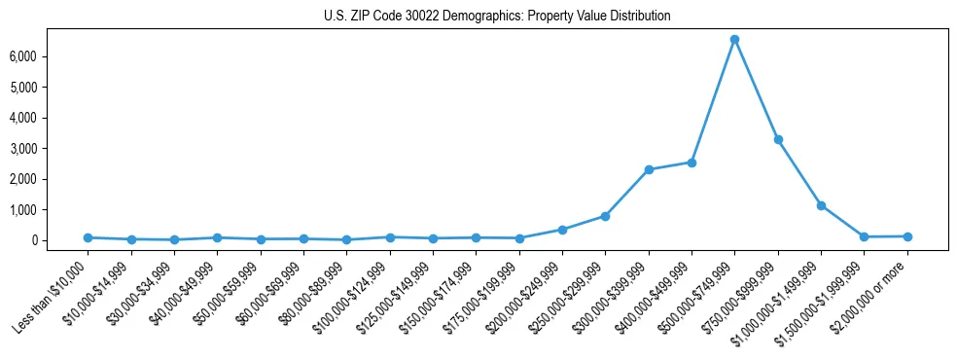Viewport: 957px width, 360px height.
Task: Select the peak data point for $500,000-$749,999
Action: [734, 39]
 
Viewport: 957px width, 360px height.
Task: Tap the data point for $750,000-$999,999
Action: [778, 139]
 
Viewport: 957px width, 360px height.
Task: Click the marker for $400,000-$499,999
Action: [691, 162]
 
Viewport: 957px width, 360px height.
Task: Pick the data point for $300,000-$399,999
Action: [649, 169]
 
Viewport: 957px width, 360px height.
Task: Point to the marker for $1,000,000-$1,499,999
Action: [821, 205]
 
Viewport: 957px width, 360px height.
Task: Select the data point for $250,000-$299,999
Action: [605, 216]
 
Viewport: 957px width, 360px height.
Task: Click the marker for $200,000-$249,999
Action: [562, 230]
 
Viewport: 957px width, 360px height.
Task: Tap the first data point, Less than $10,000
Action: [88, 237]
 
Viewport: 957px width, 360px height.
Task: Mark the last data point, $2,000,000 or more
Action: [907, 236]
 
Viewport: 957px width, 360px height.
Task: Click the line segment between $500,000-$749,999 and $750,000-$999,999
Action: [757, 90]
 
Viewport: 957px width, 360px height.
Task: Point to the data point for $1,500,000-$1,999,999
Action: [865, 236]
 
